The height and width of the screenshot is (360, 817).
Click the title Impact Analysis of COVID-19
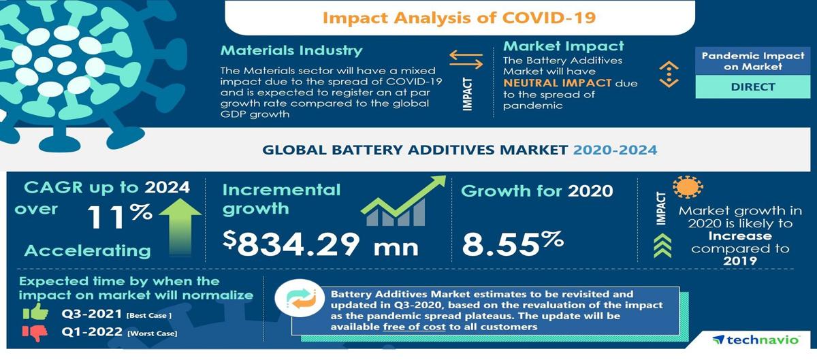[x=459, y=18]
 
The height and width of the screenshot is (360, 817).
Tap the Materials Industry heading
[x=291, y=50]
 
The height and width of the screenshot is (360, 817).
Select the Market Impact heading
[x=564, y=46]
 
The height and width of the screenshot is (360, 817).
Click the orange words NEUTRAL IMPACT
[x=558, y=83]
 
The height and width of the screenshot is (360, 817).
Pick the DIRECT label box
[x=753, y=87]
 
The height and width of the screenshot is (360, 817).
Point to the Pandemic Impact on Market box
[x=753, y=61]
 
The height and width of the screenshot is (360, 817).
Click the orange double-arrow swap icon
[x=466, y=59]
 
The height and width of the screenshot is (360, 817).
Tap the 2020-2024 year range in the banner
[x=615, y=150]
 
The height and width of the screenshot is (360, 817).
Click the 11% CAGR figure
[x=120, y=216]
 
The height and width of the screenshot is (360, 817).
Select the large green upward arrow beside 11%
[x=180, y=227]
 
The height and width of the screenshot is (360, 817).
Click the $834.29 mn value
[x=321, y=243]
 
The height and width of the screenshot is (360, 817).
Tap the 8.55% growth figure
[x=513, y=243]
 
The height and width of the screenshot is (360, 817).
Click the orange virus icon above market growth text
[x=688, y=187]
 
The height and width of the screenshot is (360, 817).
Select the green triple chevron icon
[x=662, y=246]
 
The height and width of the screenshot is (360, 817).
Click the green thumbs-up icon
[x=35, y=312]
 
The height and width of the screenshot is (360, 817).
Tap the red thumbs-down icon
[x=35, y=333]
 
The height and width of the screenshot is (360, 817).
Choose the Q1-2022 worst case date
[x=92, y=331]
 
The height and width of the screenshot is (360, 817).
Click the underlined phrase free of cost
[x=415, y=327]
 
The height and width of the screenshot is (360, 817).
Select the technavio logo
[x=756, y=340]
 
